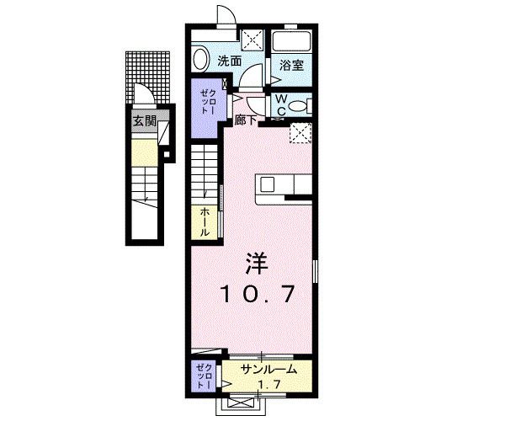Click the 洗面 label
(x=230, y=61)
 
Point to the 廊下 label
(x=246, y=121)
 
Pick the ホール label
(x=205, y=221)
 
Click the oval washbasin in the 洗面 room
(x=199, y=59)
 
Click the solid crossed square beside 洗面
(x=251, y=40)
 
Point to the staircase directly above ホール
(x=205, y=173)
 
